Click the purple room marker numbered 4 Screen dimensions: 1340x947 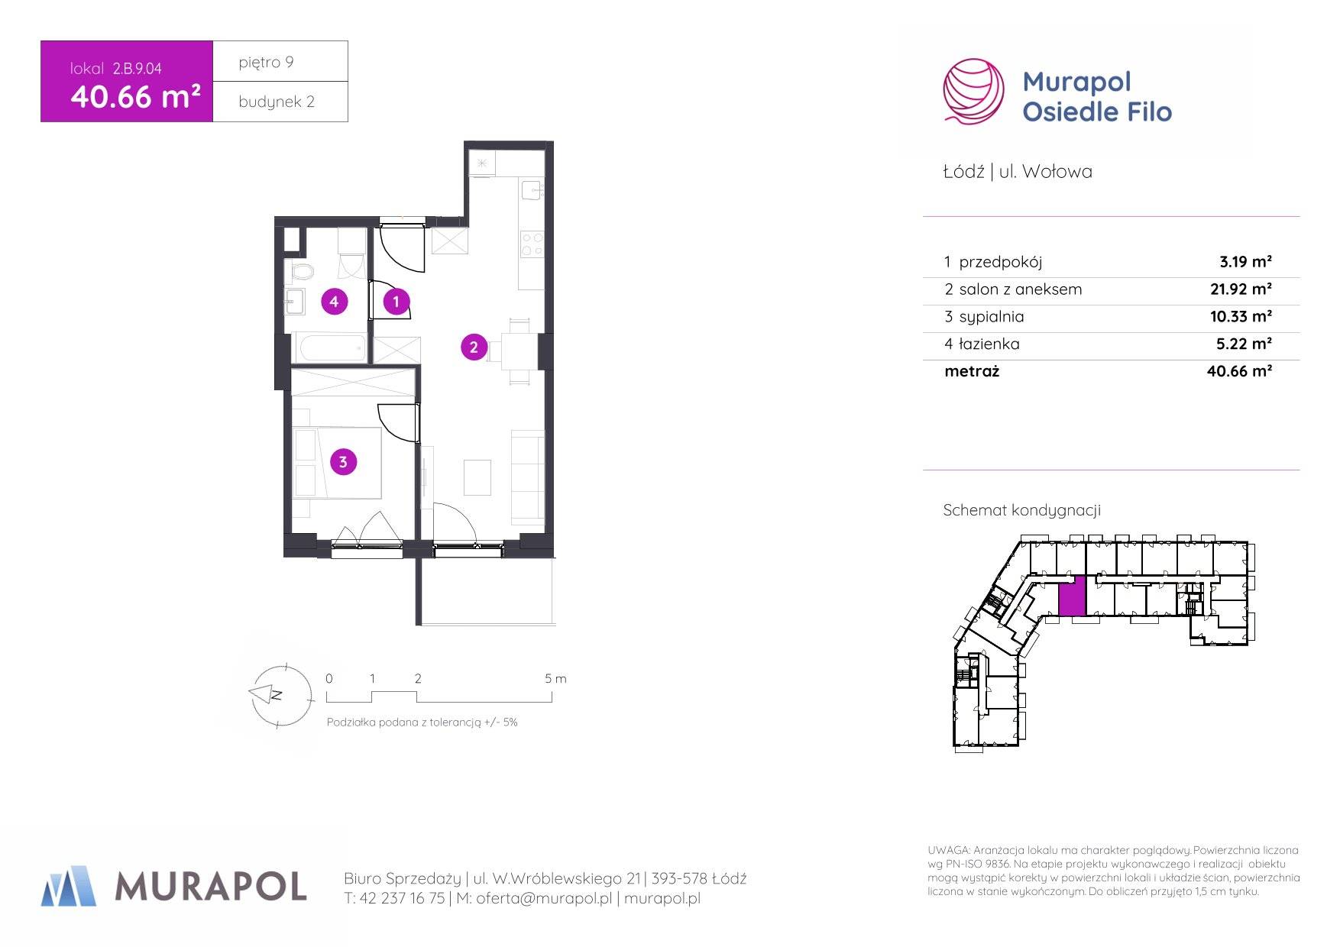click(x=334, y=302)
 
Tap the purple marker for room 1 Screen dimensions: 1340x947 click(x=396, y=302)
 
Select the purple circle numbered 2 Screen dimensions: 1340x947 click(x=474, y=347)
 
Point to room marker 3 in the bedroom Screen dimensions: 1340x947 click(x=343, y=461)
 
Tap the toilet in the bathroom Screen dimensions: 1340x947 click(x=301, y=271)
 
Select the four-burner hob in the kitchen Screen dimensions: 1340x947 click(x=532, y=244)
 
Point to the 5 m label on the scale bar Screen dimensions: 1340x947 click(x=555, y=678)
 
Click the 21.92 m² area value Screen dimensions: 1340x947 click(x=1241, y=289)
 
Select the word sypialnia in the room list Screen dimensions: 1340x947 click(x=992, y=317)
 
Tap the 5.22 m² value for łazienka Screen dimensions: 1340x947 click(x=1244, y=344)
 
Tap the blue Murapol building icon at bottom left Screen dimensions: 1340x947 click(x=69, y=886)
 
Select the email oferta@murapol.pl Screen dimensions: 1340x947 click(x=544, y=899)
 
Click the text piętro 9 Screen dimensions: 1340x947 click(x=266, y=62)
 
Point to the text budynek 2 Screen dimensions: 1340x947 click(x=277, y=102)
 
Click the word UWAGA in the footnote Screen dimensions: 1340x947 click(x=948, y=850)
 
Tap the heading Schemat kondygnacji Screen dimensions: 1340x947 click(x=1021, y=510)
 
